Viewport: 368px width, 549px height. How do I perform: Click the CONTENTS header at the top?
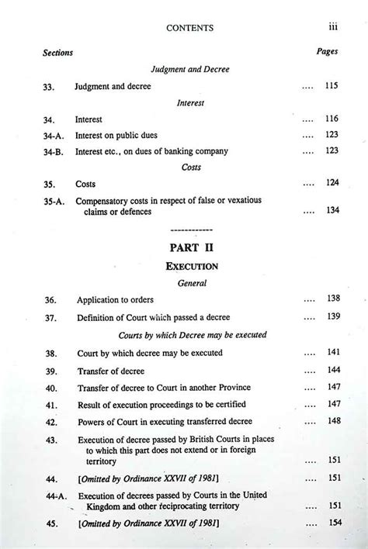click(189, 28)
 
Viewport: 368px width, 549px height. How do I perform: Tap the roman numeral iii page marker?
click(332, 26)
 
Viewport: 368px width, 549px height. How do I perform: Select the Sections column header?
click(57, 54)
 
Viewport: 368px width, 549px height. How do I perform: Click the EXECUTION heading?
click(191, 266)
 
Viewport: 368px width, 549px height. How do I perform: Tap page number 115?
click(332, 86)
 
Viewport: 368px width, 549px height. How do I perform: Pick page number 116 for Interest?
click(332, 119)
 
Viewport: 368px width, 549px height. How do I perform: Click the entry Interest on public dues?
click(116, 135)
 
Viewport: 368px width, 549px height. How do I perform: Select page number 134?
click(332, 210)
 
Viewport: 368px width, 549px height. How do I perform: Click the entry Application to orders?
click(115, 299)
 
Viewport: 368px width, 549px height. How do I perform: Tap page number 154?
click(335, 523)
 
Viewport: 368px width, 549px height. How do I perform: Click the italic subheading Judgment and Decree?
click(191, 69)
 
